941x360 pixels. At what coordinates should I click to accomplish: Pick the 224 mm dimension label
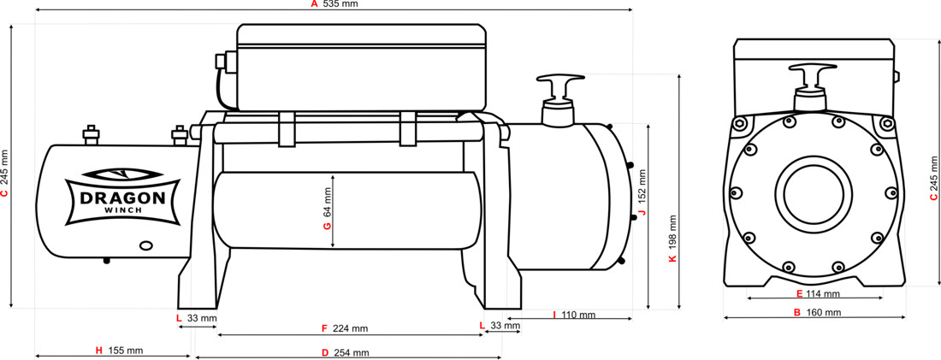(x=352, y=328)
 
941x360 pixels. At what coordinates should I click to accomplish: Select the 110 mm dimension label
(x=579, y=315)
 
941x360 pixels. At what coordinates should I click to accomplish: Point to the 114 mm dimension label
(x=823, y=293)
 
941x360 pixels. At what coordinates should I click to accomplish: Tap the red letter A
(x=313, y=4)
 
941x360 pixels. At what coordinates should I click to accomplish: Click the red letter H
(x=99, y=350)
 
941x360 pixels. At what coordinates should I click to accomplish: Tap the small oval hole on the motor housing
(x=145, y=245)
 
